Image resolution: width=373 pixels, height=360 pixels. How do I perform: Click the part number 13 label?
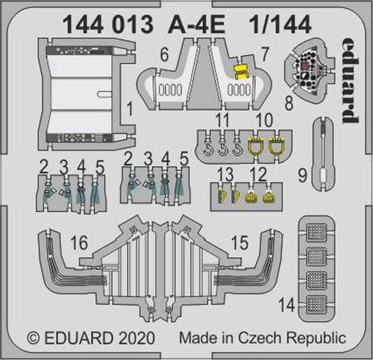(x=222, y=173)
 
